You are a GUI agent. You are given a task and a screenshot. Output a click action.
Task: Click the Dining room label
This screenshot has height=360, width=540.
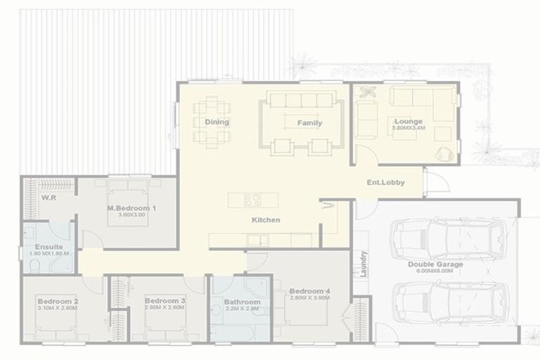pyautogui.click(x=217, y=122)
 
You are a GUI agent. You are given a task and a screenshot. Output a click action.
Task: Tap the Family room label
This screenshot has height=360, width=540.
pyautogui.click(x=309, y=123)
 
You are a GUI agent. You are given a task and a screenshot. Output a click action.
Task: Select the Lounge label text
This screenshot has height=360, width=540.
pyautogui.click(x=408, y=121)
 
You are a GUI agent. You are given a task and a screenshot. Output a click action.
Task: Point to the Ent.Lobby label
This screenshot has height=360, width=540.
pyautogui.click(x=386, y=183)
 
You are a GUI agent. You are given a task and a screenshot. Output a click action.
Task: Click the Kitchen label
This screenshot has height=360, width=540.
pyautogui.click(x=266, y=220)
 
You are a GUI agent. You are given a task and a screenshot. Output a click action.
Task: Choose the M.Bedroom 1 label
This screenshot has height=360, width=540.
pyautogui.click(x=131, y=208)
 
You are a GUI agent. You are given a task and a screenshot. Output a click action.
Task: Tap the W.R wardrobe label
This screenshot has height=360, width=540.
pyautogui.click(x=49, y=198)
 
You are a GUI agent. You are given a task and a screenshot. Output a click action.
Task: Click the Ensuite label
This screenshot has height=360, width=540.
pyautogui.click(x=49, y=247)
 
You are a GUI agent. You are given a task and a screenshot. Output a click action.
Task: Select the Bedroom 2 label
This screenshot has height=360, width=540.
pyautogui.click(x=58, y=301)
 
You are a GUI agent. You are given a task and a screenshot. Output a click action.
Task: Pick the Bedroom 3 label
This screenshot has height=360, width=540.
pyautogui.click(x=165, y=300)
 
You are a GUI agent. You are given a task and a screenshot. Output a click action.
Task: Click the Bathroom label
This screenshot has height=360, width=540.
pyautogui.click(x=242, y=302)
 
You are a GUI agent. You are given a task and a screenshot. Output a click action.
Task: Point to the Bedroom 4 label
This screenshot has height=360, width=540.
pyautogui.click(x=309, y=291)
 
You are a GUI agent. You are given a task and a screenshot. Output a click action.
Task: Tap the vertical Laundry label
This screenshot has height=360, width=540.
pyautogui.click(x=364, y=263)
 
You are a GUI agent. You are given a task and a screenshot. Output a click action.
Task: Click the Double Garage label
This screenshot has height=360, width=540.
pyautogui.click(x=435, y=264)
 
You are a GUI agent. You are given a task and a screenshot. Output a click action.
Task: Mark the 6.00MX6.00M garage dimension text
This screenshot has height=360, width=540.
pyautogui.click(x=440, y=271)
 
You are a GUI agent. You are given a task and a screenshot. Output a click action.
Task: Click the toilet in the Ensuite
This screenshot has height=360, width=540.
pyautogui.click(x=34, y=265)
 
